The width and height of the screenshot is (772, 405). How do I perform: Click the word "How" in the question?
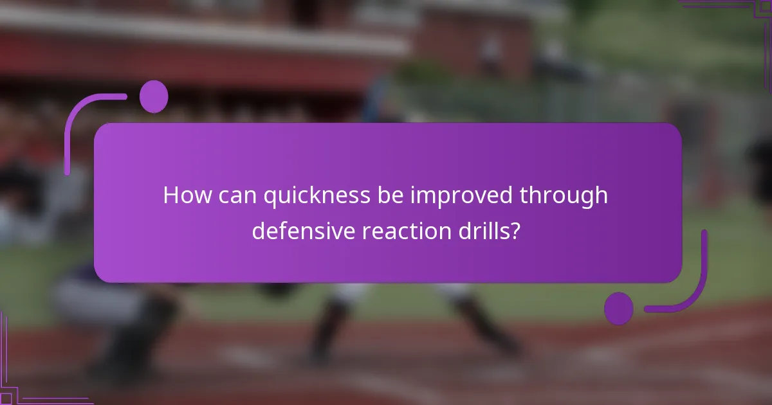pyautogui.click(x=185, y=195)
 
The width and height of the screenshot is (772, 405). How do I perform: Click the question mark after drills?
pyautogui.click(x=515, y=231)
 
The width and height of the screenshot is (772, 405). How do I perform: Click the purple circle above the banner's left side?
pyautogui.click(x=154, y=96)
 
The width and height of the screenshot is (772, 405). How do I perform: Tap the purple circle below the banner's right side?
pyautogui.click(x=618, y=308)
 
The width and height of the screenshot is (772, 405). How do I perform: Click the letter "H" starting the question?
pyautogui.click(x=170, y=195)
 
